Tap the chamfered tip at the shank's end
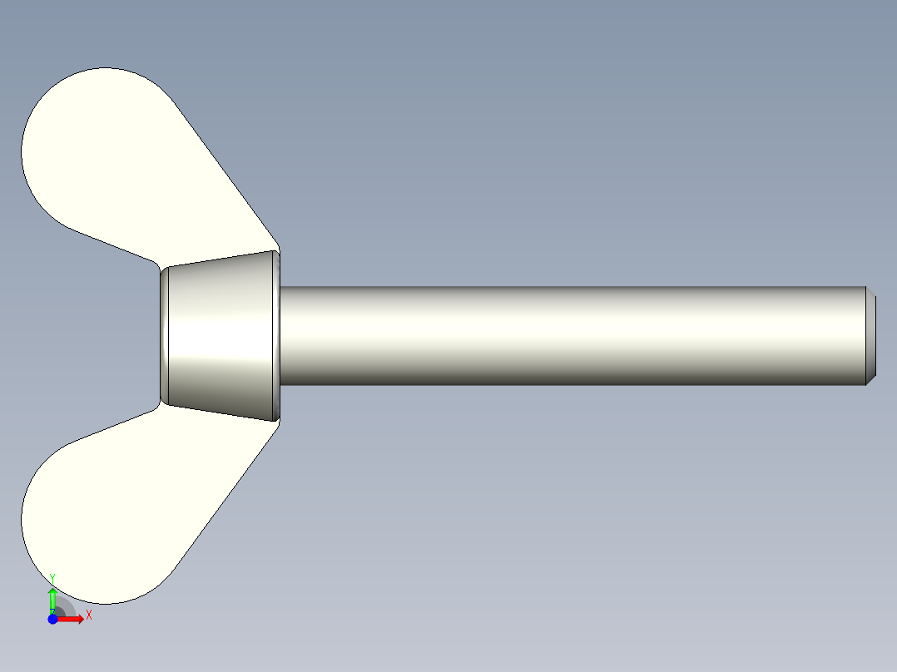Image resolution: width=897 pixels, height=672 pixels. pyautogui.click(x=870, y=336)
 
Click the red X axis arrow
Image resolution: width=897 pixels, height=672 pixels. pyautogui.click(x=72, y=619)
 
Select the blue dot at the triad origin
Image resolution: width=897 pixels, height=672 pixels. pyautogui.click(x=52, y=620)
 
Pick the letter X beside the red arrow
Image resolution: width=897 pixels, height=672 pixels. pyautogui.click(x=88, y=615)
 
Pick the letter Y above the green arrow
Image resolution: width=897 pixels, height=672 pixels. pyautogui.click(x=52, y=577)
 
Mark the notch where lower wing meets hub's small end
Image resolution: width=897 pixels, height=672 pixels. pyautogui.click(x=161, y=405)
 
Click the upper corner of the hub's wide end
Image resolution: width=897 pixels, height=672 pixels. pyautogui.click(x=278, y=250)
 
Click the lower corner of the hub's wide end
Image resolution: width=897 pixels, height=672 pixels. pyautogui.click(x=278, y=421)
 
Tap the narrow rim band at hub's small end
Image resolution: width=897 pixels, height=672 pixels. pyautogui.click(x=165, y=336)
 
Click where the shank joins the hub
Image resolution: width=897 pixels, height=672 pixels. pyautogui.click(x=282, y=336)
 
